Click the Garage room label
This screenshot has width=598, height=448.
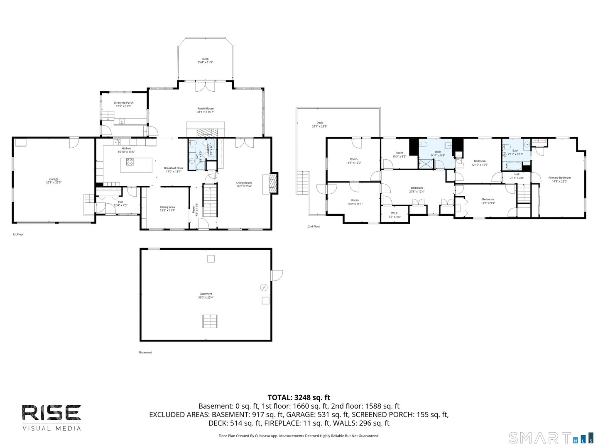pos(54,181)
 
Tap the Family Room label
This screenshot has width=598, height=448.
pos(205,110)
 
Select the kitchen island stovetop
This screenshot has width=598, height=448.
pos(130,162)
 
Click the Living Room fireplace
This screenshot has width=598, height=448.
pos(273,183)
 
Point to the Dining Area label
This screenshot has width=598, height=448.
pos(167,209)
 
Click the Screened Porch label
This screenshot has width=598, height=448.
pos(123,104)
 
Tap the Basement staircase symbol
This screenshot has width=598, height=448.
pos(210,321)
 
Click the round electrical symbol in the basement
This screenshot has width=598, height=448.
pos(264,287)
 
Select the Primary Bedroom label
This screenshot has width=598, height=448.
pos(559,179)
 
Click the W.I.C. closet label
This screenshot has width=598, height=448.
pos(395,215)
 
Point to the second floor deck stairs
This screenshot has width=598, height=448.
pos(303,183)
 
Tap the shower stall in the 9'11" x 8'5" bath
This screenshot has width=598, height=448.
pos(425,163)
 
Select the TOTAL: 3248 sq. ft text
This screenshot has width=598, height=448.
pos(299,397)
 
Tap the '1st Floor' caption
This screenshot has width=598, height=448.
pos(18,234)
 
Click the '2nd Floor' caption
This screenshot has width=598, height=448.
pos(314,226)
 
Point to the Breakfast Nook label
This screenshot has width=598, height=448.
pos(174,170)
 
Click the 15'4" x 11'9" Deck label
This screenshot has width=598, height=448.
pos(205,61)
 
